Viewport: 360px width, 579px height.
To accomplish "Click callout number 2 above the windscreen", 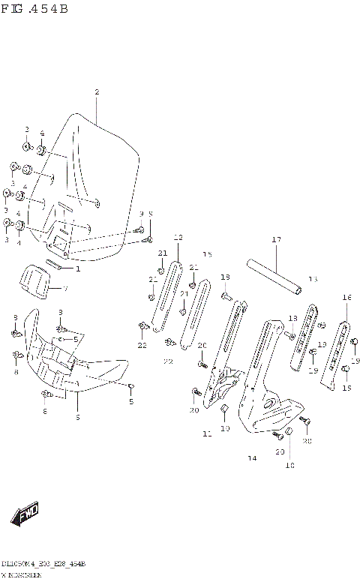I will click(x=97, y=92).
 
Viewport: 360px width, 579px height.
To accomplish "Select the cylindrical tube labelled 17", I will click(x=276, y=277).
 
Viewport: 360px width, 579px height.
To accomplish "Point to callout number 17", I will click(x=276, y=240).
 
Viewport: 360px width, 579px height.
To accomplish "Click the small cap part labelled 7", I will click(x=34, y=280).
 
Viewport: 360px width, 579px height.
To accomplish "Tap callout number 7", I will click(x=65, y=289).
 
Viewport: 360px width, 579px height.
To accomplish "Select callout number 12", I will click(x=178, y=238).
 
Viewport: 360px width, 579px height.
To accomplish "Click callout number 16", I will click(x=346, y=298).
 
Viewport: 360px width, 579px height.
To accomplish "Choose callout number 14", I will click(x=252, y=457).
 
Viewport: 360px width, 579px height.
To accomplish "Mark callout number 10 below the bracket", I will click(x=224, y=428).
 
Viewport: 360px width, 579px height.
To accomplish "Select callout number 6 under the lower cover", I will click(x=77, y=416).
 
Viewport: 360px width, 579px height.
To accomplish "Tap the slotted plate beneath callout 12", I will click(x=166, y=296).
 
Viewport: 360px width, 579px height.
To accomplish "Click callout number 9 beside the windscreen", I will click(x=140, y=214).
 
